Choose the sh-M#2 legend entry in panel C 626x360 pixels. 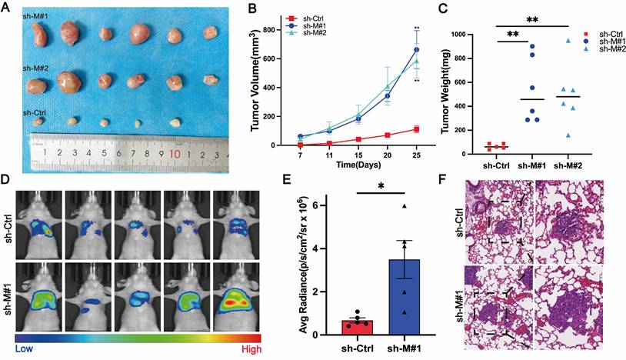(608, 49)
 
